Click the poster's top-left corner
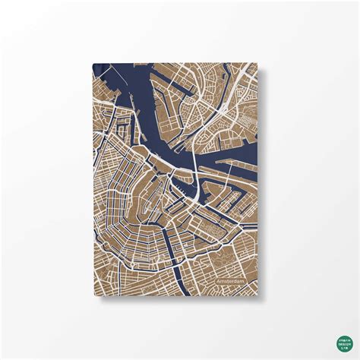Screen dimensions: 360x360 92,63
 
